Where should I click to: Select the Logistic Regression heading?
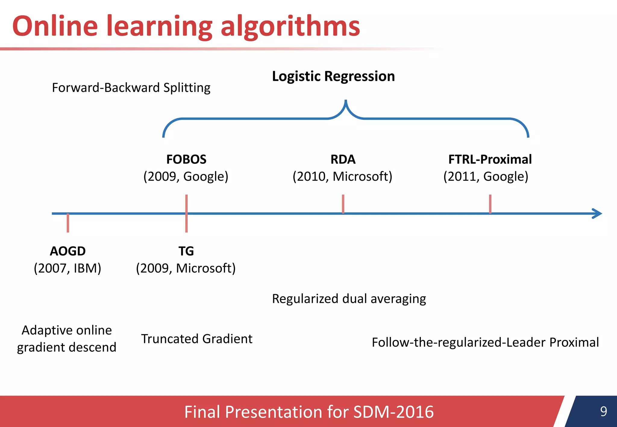[x=333, y=76]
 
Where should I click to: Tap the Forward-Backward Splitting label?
[x=131, y=88]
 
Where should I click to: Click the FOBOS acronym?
[x=186, y=159]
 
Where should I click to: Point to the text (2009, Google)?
[x=186, y=176]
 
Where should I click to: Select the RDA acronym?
[x=343, y=159]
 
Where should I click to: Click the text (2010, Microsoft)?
[x=342, y=176]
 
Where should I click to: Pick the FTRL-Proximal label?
[x=490, y=159]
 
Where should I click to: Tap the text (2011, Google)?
[x=486, y=176]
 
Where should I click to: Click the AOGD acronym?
[x=68, y=251]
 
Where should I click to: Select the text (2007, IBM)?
[x=67, y=268]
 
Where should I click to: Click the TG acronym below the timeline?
[x=186, y=251]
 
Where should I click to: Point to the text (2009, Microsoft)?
[x=186, y=268]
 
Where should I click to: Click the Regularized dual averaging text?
[x=349, y=299]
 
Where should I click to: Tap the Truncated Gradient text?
[x=197, y=339]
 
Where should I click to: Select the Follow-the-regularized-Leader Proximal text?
[x=485, y=342]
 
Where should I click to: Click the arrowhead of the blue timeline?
[x=598, y=213]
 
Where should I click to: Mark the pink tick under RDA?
[x=343, y=204]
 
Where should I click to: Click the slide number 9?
[x=603, y=411]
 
